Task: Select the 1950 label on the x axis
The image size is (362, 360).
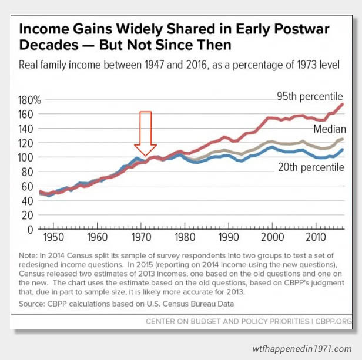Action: [x=52, y=238]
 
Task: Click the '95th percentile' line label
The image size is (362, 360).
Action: [x=309, y=96]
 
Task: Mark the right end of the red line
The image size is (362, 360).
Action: [x=343, y=105]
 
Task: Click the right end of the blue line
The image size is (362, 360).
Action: [x=343, y=150]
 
